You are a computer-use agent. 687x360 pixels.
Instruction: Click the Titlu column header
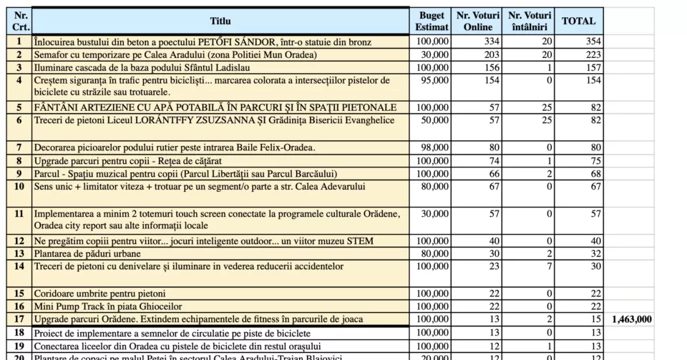[220, 21]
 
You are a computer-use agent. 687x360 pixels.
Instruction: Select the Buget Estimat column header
[432, 21]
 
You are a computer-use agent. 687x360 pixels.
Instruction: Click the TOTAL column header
[578, 21]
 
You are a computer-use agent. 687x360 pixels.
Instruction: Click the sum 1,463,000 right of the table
[632, 319]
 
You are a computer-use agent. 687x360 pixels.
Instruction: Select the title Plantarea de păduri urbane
[87, 253]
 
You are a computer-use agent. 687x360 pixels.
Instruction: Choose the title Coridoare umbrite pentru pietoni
[99, 293]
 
